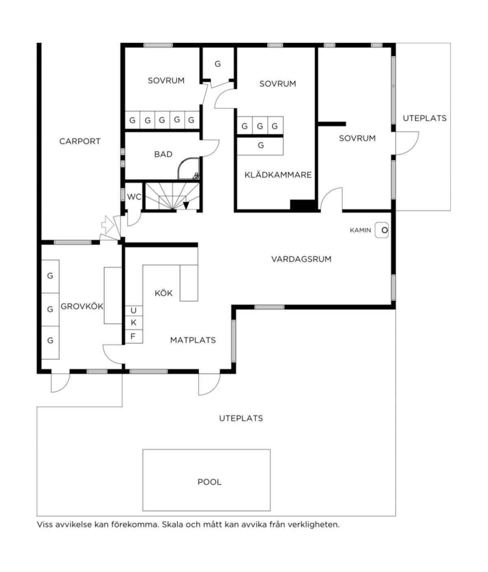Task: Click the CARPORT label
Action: coord(80,142)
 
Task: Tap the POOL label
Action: coord(209,482)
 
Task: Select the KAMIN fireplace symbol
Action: coord(382,230)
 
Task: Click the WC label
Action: coord(134,197)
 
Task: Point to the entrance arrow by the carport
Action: coord(108,225)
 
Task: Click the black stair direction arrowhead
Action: coord(186,205)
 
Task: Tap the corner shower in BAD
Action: coord(189,168)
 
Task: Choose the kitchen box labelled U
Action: coord(134,311)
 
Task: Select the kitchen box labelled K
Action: coord(134,323)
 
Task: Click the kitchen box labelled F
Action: coord(134,336)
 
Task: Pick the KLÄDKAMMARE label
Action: coord(278,175)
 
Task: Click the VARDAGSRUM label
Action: coord(301,259)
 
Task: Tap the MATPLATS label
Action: coord(193,340)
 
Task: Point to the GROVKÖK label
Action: coord(82,306)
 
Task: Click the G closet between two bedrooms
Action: coord(218,64)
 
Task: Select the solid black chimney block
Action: coord(303,205)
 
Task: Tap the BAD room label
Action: coord(163,154)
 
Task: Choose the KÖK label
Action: coord(163,293)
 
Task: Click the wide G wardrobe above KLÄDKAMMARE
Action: coord(260,146)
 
